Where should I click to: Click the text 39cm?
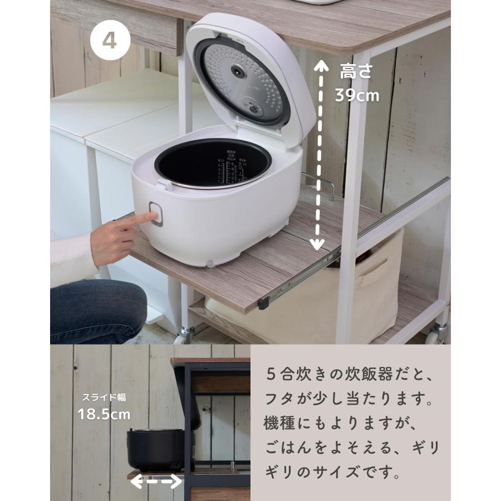(356, 95)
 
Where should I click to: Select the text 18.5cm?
(104, 414)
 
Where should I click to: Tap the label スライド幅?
(104, 397)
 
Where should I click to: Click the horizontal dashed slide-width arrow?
(156, 482)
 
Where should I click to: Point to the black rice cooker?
(154, 448)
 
